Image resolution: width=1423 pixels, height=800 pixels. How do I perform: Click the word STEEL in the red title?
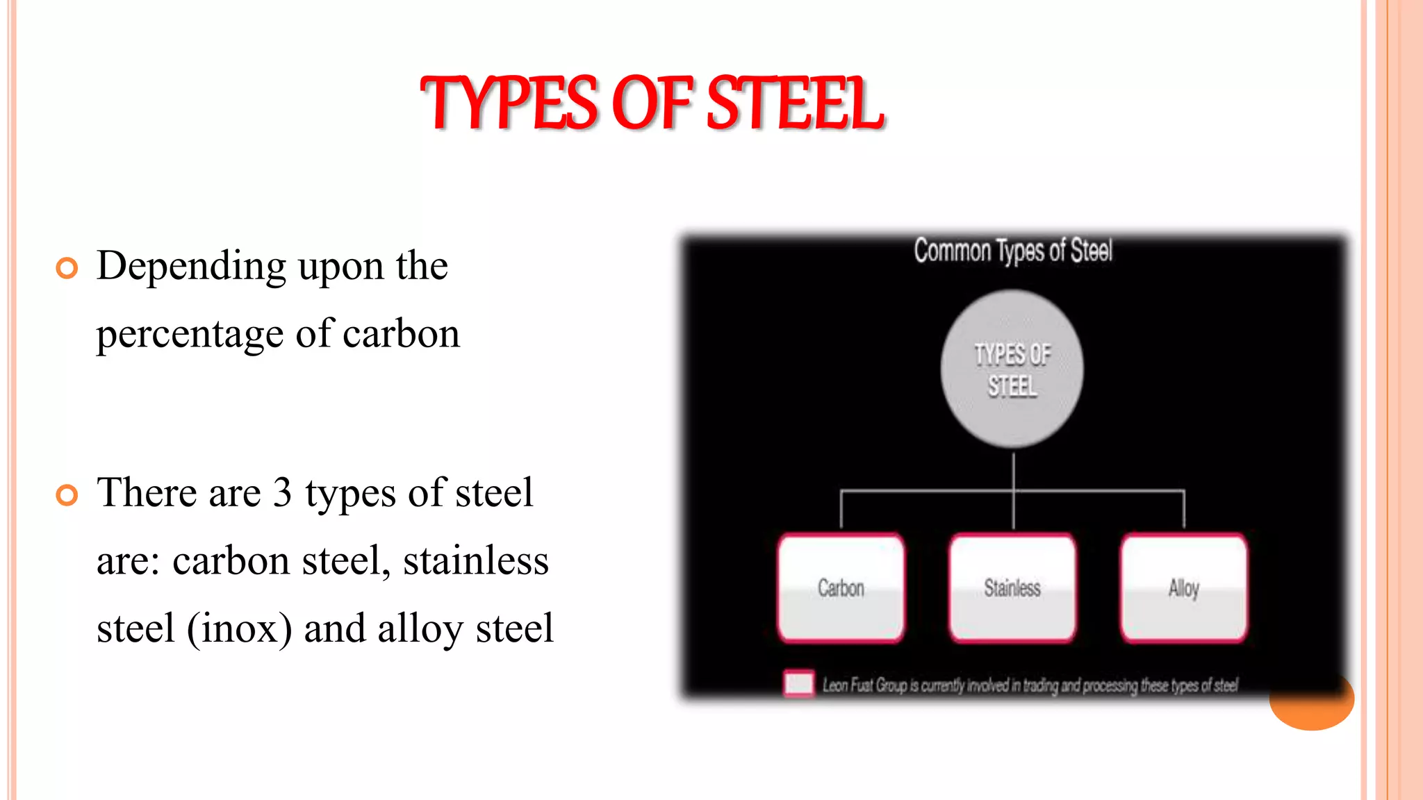[794, 104]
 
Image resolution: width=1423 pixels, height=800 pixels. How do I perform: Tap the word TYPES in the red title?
[509, 104]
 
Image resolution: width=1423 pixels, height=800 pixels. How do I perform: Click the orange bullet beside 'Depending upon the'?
[67, 268]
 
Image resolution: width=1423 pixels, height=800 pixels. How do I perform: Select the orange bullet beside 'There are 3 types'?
[67, 495]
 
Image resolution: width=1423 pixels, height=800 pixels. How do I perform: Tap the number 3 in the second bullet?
[282, 493]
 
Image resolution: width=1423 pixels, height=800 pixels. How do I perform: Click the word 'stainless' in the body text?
[476, 561]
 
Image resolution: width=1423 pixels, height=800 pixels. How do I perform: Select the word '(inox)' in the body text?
[239, 629]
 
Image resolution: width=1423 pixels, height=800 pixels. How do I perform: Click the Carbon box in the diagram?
[841, 588]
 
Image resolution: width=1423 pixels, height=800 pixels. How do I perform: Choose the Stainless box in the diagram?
[1012, 588]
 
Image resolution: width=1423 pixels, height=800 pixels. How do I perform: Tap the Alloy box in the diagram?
[1184, 588]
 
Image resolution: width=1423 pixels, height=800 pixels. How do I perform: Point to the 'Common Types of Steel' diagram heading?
[1013, 251]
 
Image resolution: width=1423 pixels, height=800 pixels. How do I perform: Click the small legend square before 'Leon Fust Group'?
[799, 683]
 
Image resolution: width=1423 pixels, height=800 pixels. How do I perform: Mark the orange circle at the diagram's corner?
[1313, 708]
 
